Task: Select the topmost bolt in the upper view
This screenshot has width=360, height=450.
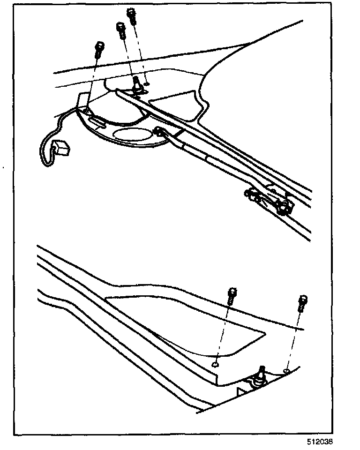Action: click(132, 17)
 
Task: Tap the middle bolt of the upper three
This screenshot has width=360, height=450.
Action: click(120, 31)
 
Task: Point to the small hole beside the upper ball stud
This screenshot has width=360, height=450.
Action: click(148, 84)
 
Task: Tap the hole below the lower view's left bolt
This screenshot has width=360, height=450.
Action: click(215, 363)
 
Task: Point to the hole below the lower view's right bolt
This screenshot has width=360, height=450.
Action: click(286, 371)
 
